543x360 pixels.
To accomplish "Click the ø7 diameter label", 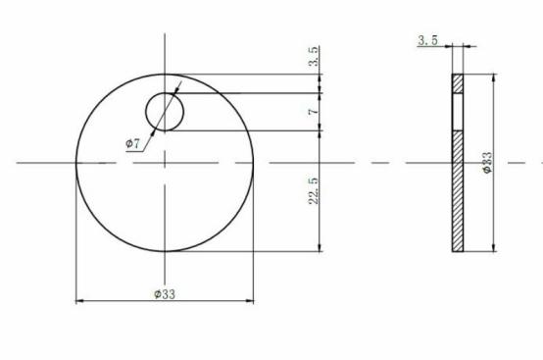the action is click(x=132, y=143).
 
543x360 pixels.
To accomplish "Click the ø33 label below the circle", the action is click(x=165, y=294).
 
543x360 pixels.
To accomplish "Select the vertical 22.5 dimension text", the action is click(x=314, y=191).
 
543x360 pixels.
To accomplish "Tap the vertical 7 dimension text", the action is click(x=314, y=112).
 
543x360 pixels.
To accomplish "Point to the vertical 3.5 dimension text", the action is click(x=314, y=56).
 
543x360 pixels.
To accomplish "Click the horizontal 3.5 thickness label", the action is click(x=427, y=40).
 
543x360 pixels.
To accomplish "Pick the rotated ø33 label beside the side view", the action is click(x=487, y=162).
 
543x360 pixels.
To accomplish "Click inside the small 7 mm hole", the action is click(x=165, y=112).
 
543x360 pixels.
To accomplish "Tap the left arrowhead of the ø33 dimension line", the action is click(x=79, y=301).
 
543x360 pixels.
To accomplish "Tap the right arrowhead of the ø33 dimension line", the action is click(x=250, y=301).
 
